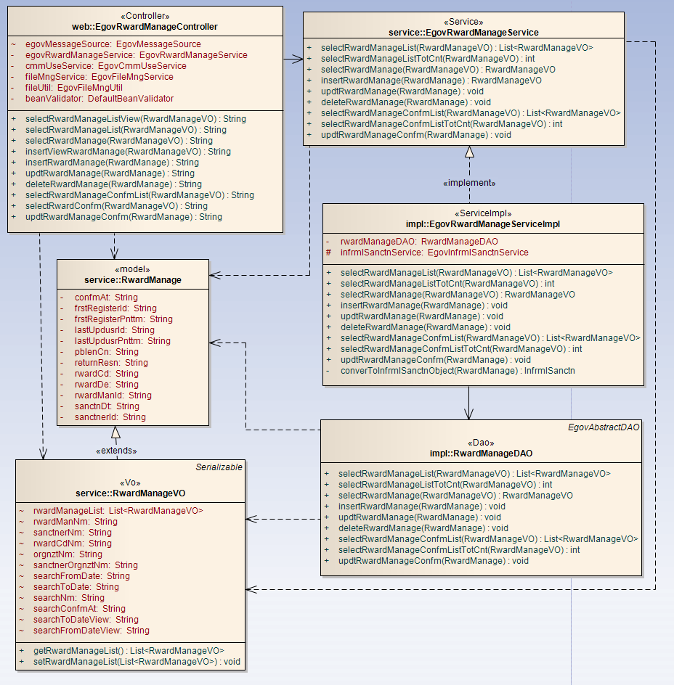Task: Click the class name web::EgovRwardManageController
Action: coord(145,27)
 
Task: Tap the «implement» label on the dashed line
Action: coord(469,183)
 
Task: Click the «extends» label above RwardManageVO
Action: coord(115,451)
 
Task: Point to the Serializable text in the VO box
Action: coord(219,467)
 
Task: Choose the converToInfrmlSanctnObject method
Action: coord(458,371)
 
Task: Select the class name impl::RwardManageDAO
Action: coord(481,454)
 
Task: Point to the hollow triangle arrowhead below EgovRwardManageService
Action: coord(469,152)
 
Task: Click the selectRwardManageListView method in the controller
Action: coord(135,119)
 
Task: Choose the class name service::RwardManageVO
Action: coord(130,493)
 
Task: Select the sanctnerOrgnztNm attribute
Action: coord(85,565)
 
